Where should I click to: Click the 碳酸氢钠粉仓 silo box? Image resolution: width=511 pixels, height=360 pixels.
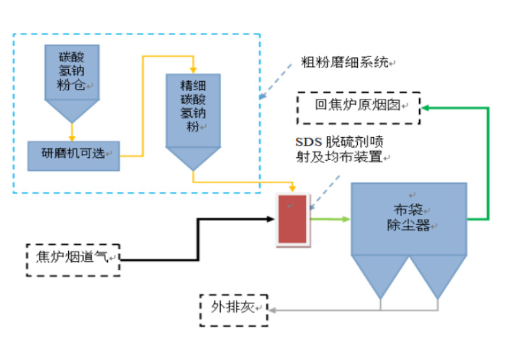[72, 71]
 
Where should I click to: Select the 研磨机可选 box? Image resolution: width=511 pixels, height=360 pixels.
[73, 155]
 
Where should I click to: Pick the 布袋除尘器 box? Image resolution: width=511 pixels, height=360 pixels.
[409, 218]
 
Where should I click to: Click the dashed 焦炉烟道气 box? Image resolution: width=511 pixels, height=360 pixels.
[73, 259]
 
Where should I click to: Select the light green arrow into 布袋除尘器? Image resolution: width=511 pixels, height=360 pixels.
[330, 219]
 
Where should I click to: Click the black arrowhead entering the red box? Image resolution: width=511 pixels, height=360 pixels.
[273, 218]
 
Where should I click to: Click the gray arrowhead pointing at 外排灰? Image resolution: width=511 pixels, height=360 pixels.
[272, 311]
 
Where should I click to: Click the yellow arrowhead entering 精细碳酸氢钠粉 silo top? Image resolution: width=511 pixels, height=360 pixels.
[193, 69]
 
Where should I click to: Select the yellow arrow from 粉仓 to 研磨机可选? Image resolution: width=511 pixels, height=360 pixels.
[72, 131]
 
